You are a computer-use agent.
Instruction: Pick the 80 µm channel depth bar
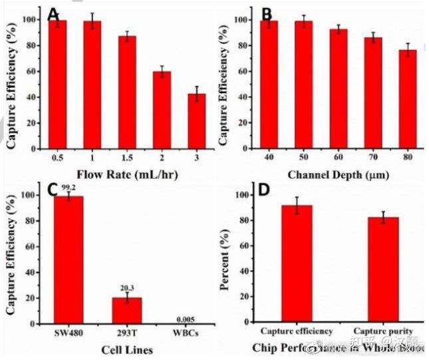click(x=408, y=102)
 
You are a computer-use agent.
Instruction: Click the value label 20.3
click(x=127, y=288)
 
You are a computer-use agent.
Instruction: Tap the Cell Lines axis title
click(x=126, y=349)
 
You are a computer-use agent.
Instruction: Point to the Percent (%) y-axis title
click(x=226, y=256)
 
